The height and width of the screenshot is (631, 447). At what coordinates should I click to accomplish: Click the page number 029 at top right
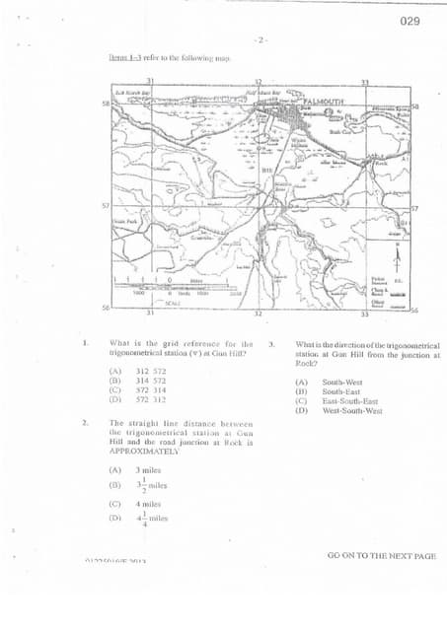click(x=411, y=21)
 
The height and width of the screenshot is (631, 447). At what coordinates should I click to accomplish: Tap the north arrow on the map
click(x=399, y=258)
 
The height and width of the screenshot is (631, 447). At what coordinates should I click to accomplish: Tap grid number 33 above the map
click(x=364, y=82)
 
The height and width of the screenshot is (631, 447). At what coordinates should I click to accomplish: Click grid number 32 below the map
click(x=258, y=314)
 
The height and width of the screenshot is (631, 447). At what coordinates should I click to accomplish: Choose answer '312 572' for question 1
click(x=151, y=372)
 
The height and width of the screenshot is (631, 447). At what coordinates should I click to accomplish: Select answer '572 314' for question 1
click(x=151, y=390)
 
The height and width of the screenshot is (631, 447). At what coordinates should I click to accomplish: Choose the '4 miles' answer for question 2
click(x=149, y=503)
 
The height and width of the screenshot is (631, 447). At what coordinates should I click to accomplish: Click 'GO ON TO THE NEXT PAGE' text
click(x=381, y=556)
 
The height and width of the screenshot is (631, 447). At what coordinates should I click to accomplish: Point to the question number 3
click(x=271, y=345)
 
